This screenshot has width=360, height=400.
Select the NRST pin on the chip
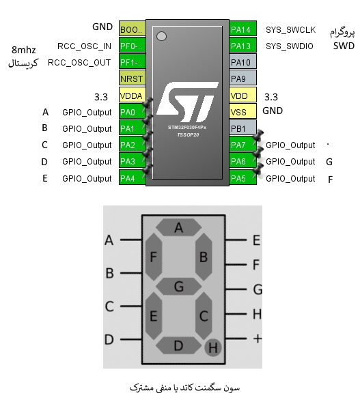133,78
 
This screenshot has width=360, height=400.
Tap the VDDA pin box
133,95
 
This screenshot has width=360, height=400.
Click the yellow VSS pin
243,111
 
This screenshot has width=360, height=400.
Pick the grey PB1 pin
243,128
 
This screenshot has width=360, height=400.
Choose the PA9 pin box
243,78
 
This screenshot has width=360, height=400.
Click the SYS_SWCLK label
290,30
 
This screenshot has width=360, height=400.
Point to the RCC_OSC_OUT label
79,63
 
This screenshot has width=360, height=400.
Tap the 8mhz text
23,50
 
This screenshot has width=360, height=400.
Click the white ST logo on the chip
187,102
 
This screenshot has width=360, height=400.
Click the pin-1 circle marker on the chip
161,36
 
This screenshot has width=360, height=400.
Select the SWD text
344,46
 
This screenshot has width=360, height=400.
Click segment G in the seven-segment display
179,286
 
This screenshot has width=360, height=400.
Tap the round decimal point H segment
213,347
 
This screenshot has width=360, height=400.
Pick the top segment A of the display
179,227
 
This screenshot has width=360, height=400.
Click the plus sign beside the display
258,339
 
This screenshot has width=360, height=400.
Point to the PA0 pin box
133,111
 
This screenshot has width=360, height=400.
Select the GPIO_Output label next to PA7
290,145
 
